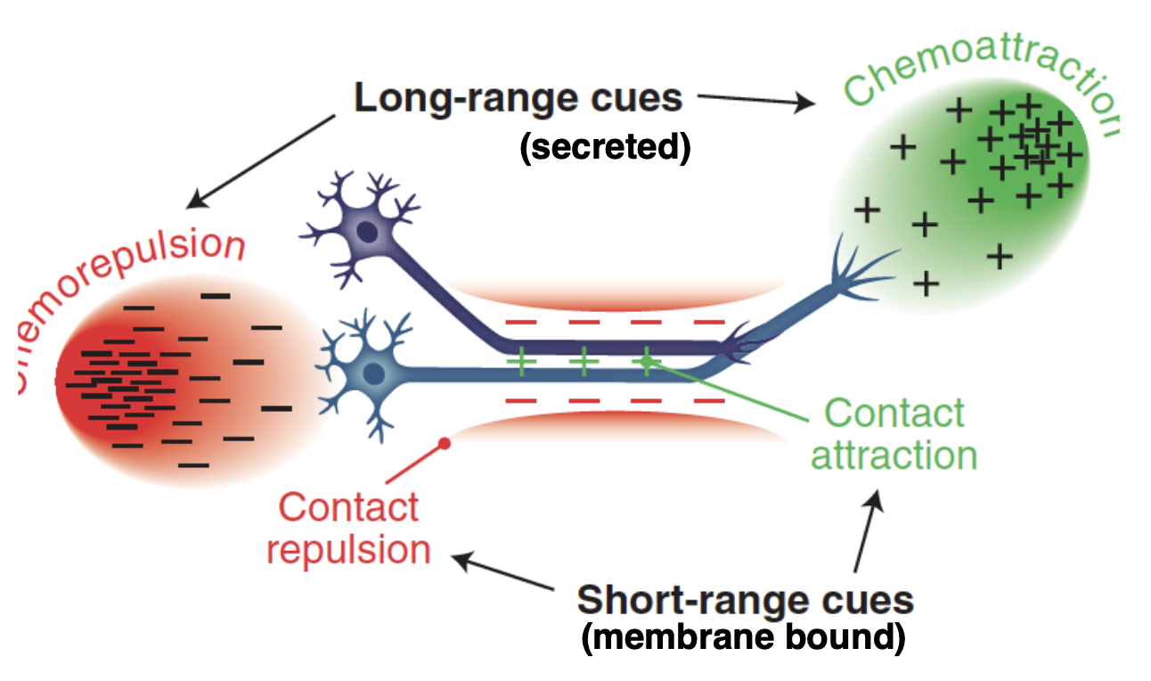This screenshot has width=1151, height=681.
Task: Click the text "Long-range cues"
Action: pos(518,97)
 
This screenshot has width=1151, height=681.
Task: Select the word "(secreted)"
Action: pos(605,147)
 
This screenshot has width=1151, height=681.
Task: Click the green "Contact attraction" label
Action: pos(894,434)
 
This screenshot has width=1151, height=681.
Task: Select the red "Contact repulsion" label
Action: pos(348,528)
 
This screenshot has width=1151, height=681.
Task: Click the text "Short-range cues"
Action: pos(745,600)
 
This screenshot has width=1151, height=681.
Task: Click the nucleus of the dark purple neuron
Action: pos(366,233)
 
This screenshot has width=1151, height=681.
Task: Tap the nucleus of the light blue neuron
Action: pos(374,373)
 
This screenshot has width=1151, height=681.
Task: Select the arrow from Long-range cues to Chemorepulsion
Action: pos(263,161)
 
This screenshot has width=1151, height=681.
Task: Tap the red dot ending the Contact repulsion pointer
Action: pos(445,443)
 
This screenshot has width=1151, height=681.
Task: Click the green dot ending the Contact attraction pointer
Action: pos(647,361)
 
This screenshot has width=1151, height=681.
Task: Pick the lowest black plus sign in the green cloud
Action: pos(927,284)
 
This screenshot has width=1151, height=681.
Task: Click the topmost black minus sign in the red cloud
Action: pos(214,294)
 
